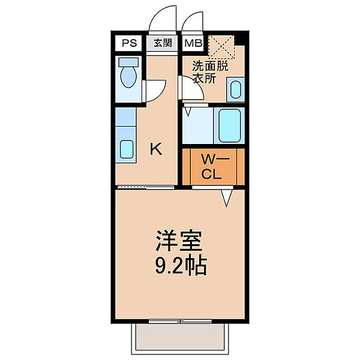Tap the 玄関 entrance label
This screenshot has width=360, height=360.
[161, 43]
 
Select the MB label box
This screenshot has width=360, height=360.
[193, 43]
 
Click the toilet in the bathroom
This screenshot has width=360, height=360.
[128, 76]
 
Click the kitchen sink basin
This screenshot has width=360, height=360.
[127, 149]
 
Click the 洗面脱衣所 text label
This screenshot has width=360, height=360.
[210, 72]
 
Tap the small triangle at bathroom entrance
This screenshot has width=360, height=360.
[188, 110]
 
